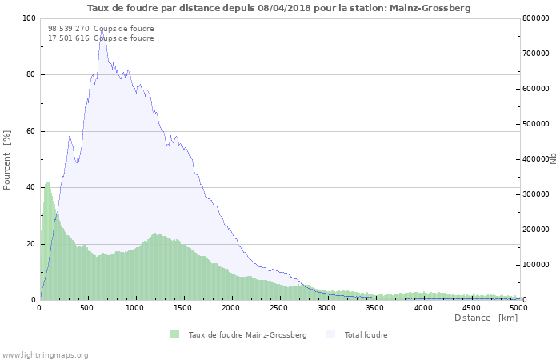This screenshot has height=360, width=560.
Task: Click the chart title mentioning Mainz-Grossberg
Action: point(279,8)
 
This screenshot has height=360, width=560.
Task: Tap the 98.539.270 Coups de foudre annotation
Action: point(101,29)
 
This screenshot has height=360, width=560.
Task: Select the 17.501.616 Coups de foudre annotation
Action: point(101,38)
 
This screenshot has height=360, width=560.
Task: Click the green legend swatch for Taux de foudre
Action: point(174,334)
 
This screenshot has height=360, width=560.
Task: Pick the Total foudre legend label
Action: point(366,334)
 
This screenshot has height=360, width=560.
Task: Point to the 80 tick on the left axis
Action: point(31,75)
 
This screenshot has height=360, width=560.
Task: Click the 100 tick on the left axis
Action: point(29,18)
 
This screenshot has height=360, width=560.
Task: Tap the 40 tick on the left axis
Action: point(31,187)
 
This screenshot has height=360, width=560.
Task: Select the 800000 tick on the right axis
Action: point(536,18)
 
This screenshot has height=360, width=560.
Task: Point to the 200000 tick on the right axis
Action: point(536,230)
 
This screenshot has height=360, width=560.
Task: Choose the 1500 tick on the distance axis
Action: point(183,307)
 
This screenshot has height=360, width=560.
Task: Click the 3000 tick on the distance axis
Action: point(327,307)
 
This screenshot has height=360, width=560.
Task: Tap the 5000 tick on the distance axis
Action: point(518,307)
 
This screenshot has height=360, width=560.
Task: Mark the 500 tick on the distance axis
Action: point(88,307)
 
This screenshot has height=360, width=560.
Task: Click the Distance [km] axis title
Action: point(486,318)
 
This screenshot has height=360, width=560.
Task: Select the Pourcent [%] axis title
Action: point(7,159)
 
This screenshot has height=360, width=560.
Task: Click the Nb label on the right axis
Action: point(553,159)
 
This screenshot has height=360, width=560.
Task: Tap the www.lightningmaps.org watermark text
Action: point(46,355)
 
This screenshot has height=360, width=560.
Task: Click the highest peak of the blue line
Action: point(102,30)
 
